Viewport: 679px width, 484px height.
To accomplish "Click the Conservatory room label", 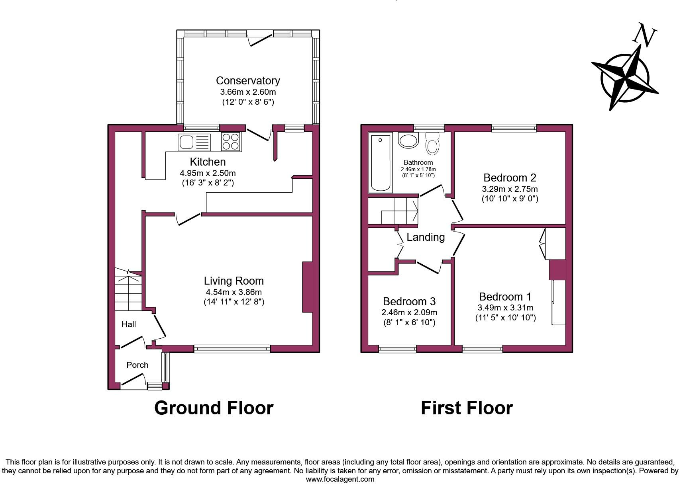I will [x=248, y=81].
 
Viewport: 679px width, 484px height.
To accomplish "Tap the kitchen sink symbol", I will [x=194, y=142].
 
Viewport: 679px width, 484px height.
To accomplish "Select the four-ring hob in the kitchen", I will [x=231, y=142].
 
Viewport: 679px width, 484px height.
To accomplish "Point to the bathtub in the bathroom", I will [x=380, y=162].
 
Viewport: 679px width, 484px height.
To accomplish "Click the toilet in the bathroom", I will [x=432, y=144].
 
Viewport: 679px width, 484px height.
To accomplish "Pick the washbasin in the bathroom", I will [x=408, y=141].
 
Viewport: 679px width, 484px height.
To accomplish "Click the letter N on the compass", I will [x=645, y=35].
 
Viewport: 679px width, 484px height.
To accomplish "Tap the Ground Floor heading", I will [x=214, y=408].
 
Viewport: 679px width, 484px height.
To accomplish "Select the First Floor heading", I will [x=467, y=408].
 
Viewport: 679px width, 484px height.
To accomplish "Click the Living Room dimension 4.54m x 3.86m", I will [x=233, y=292].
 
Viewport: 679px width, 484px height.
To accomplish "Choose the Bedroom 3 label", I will [x=409, y=301].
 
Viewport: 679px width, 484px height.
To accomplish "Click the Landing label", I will [x=426, y=237].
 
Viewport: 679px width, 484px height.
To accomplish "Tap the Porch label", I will [x=137, y=365].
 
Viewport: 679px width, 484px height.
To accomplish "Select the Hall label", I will [x=128, y=324].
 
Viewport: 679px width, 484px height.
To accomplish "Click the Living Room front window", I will [x=232, y=349].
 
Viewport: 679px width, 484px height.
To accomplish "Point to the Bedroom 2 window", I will [x=514, y=128].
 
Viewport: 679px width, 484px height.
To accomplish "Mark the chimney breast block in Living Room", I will [x=307, y=287].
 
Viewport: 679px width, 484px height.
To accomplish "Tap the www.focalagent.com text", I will [x=340, y=479].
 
